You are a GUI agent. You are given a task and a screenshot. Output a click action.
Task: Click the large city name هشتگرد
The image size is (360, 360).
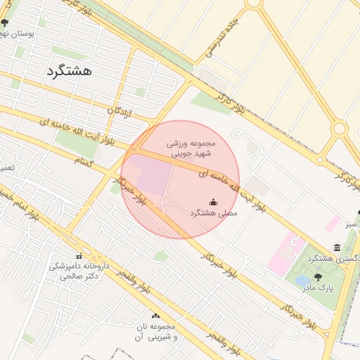(72, 70)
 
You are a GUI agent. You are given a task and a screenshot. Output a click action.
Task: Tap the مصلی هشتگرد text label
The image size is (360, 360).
(214, 212)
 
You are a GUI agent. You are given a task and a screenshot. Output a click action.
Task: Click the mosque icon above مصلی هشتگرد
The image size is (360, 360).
(214, 201)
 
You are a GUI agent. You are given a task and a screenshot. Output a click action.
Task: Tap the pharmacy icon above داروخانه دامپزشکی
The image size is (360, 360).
(79, 256)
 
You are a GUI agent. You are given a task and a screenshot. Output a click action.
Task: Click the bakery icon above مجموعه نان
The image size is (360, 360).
(155, 316)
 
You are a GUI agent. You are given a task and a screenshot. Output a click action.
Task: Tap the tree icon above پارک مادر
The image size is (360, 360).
(318, 277)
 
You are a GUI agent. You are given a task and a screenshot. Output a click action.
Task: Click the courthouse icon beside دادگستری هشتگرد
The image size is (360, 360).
(337, 247)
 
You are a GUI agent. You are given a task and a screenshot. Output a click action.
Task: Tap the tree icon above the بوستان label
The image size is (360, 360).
(5, 22)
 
